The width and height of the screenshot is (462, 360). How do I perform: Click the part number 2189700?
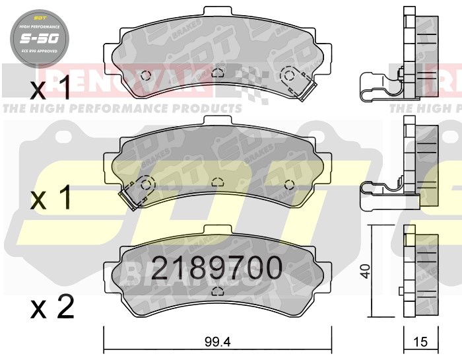tap(217, 268)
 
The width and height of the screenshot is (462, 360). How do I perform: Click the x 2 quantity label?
tap(52, 307)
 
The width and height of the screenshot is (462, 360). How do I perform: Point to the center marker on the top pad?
tap(217, 73)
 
